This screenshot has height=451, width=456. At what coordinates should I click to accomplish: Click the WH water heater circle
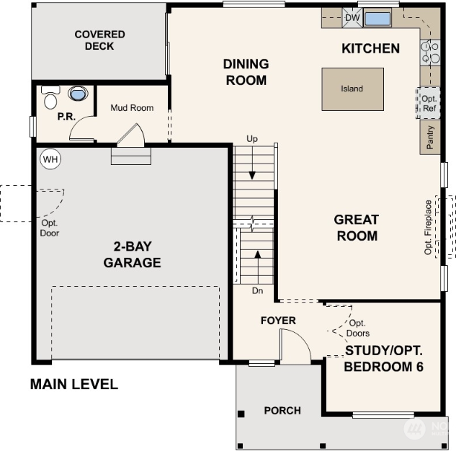(x=50, y=159)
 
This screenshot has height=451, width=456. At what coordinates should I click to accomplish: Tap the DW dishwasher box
(x=352, y=18)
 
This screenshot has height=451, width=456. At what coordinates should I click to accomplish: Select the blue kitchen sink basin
(x=377, y=19)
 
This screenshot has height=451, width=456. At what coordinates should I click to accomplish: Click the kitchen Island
(x=352, y=89)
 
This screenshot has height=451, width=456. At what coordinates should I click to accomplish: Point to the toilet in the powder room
(x=50, y=97)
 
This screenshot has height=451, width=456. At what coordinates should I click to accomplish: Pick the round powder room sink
(x=78, y=94)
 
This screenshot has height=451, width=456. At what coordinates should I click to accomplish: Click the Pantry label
(x=429, y=138)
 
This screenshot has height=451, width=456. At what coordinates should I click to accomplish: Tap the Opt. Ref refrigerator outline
(x=428, y=103)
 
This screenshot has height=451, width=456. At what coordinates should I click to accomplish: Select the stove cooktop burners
(x=430, y=53)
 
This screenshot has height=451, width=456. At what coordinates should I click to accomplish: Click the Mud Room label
(x=132, y=108)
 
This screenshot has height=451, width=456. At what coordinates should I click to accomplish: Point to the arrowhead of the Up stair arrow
(x=252, y=176)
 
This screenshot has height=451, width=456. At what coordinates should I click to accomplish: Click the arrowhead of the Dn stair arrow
(x=258, y=254)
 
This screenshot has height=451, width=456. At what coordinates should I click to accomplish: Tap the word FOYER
(x=278, y=321)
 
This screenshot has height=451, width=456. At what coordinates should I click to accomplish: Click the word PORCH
(x=282, y=411)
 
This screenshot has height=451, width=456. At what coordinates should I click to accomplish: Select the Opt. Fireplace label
(x=428, y=228)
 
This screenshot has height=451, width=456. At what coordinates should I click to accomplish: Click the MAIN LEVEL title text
(x=74, y=384)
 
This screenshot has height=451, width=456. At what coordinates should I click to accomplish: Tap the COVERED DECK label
(x=99, y=40)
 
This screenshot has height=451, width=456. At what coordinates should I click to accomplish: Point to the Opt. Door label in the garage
(x=50, y=228)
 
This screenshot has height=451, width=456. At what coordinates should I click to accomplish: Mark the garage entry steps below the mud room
(x=131, y=156)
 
